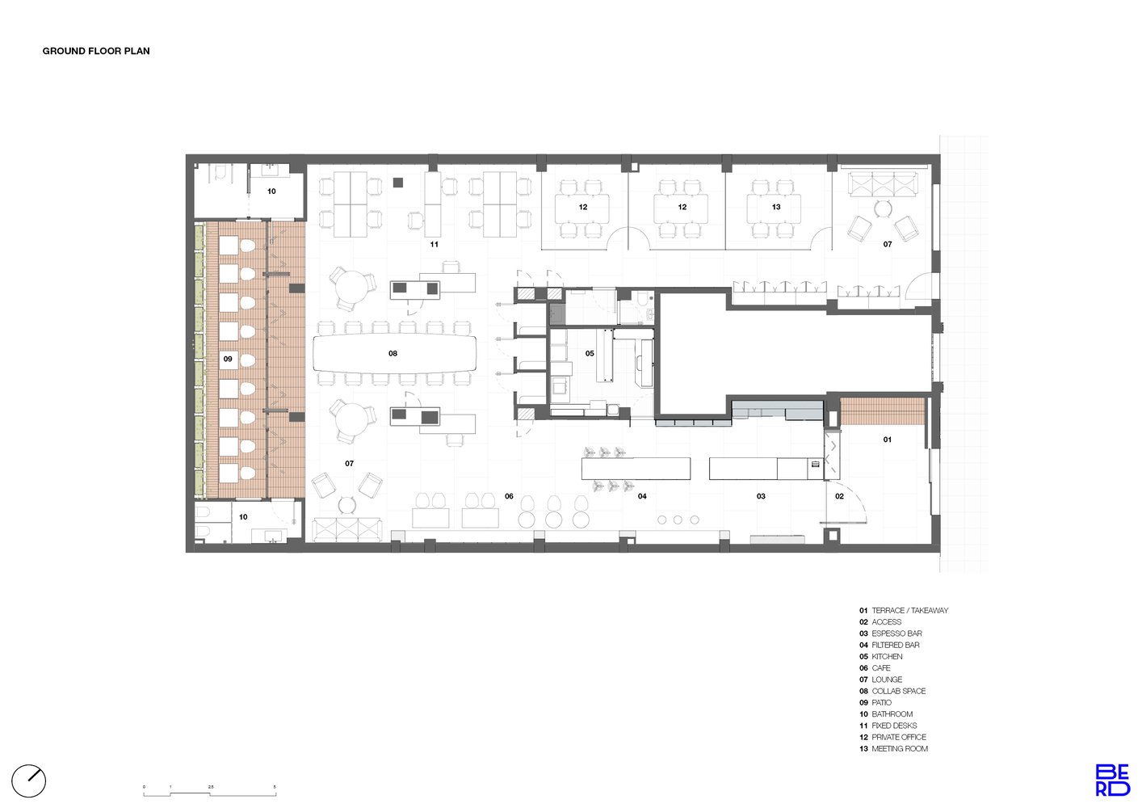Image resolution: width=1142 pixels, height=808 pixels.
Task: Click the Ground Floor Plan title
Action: (x=96, y=51)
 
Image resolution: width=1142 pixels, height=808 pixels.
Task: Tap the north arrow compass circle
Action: (x=28, y=781)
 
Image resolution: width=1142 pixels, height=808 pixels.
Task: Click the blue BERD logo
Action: (x=1112, y=780)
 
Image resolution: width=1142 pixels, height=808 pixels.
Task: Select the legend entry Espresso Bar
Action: (x=891, y=633)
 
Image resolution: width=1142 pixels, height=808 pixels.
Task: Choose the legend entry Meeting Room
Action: (x=894, y=749)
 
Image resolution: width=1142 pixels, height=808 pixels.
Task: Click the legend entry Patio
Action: (x=875, y=702)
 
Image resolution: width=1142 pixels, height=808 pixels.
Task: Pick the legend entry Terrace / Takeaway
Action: (x=904, y=611)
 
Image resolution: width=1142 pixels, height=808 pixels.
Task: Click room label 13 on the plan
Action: (x=776, y=207)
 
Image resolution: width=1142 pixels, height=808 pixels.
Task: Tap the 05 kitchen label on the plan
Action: (x=590, y=354)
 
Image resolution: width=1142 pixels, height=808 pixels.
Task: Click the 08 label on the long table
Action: (x=393, y=354)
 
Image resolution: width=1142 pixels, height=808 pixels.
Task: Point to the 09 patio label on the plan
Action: (x=228, y=359)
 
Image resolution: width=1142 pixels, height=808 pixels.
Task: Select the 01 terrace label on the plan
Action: (x=887, y=440)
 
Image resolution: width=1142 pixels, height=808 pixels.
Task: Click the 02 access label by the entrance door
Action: (x=839, y=496)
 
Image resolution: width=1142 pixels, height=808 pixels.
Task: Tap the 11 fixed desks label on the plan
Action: (x=434, y=244)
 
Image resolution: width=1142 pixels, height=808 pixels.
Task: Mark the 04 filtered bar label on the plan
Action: (x=642, y=496)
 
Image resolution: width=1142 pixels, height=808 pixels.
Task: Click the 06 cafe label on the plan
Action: (x=509, y=496)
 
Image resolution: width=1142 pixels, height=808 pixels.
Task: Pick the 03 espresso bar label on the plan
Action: (x=761, y=496)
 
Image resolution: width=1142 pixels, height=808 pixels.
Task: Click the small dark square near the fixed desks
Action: (x=398, y=182)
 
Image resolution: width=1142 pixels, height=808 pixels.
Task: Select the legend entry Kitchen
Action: (x=880, y=656)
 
